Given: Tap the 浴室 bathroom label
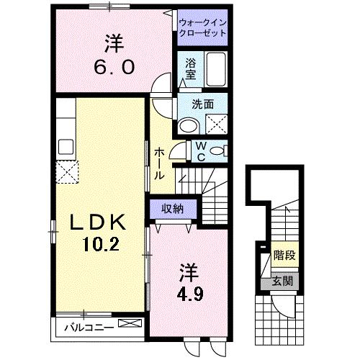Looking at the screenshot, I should (190, 68).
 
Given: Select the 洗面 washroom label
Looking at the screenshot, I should (202, 104).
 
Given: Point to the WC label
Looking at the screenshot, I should (202, 151).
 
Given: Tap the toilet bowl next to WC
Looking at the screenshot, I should (222, 151).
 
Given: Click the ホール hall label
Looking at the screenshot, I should (159, 163).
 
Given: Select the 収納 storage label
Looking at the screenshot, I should (171, 209).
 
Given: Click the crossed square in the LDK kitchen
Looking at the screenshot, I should (68, 171).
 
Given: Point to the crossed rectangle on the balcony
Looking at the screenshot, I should (130, 325).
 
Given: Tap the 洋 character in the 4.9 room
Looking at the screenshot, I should (188, 274).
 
